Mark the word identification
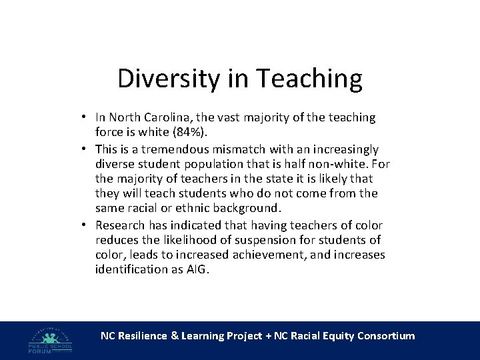[128, 269]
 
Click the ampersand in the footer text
[175, 336]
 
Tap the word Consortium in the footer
[386, 336]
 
